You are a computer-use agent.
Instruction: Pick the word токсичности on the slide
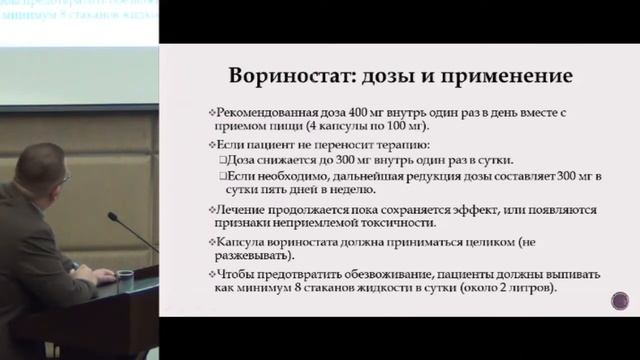(x=381, y=226)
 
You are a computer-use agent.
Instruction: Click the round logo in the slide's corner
(x=620, y=301)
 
